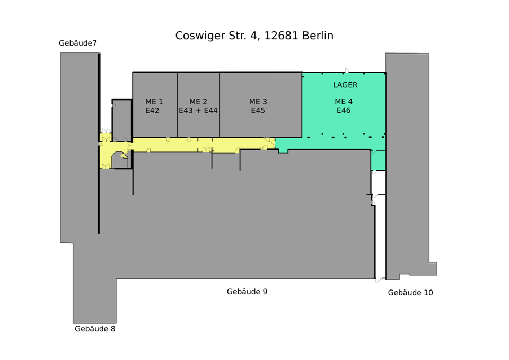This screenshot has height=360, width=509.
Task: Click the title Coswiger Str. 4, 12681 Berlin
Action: pos(254,36)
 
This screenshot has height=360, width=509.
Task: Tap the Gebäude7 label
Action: pos(78,43)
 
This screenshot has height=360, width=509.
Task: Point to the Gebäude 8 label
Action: pos(95,329)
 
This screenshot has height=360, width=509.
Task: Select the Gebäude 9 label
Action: pos(247,292)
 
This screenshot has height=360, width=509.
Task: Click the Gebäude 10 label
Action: pos(410,293)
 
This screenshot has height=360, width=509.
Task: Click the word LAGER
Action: pos(345,85)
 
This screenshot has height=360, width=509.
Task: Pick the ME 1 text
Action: pos(154,102)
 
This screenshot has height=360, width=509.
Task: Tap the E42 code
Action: pos(152,111)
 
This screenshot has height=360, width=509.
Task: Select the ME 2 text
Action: pos(198,102)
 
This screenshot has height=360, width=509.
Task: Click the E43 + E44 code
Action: pos(198,111)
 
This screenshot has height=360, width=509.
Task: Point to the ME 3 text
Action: pos(258,102)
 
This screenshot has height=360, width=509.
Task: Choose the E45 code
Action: pos(258,111)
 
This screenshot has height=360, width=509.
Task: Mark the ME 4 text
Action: pos(344,102)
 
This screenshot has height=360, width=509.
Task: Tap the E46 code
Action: pos(344,111)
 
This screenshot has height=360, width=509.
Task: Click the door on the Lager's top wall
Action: pos(346,71)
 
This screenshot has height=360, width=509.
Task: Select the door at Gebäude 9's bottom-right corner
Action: pos(379,279)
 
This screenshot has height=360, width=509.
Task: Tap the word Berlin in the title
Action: pos(318,36)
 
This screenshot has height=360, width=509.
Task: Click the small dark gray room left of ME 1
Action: pos(122,119)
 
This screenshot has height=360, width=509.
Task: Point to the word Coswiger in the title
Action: pos(199,36)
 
